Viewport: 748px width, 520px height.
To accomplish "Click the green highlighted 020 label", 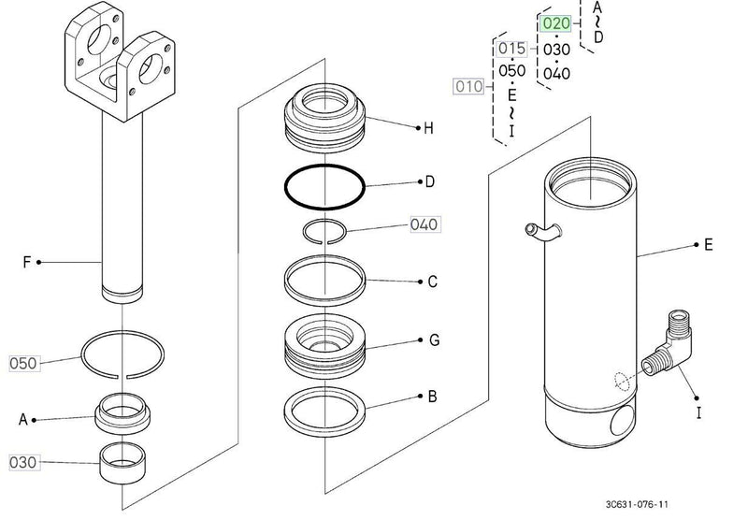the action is point(556,23).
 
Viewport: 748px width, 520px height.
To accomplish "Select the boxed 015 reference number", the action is point(511,49).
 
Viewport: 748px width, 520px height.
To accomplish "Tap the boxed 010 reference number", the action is point(468,86).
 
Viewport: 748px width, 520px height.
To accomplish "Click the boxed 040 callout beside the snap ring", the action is point(424,224).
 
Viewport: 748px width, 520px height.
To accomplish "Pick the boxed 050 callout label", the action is point(24,364).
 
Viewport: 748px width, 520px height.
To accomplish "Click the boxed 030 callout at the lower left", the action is point(24,462).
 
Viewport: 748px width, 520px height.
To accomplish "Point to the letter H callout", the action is point(429,128).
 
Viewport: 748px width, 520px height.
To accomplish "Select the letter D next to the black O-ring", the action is point(429,181).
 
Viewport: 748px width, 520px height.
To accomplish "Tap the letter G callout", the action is point(434,340).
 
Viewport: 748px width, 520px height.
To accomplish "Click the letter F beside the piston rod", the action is point(27,262).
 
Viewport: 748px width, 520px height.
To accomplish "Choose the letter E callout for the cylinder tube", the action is point(709,245).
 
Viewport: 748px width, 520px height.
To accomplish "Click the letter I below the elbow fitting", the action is point(698,412).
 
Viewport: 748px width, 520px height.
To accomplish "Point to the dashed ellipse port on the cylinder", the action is point(622,381).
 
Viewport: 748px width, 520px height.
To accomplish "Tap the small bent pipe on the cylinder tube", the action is point(542,232).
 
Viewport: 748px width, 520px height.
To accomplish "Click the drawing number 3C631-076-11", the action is point(637,504).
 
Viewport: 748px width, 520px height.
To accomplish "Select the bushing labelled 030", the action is point(122,463).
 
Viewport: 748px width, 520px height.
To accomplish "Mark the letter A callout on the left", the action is point(23,419).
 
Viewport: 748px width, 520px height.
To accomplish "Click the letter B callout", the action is point(432,397).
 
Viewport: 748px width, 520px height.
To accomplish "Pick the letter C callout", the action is point(432,282).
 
